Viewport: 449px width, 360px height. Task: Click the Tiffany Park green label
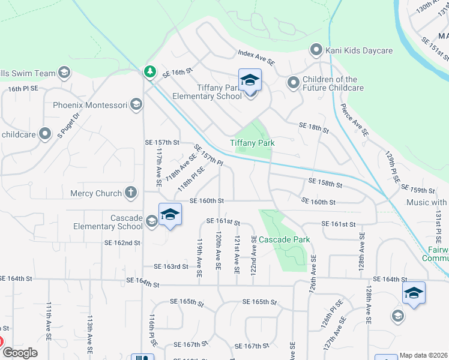[x=252, y=143]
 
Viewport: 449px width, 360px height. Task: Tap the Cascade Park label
[x=284, y=239]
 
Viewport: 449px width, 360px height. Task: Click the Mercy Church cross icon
[x=131, y=193]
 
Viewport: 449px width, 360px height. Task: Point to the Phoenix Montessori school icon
[x=136, y=105]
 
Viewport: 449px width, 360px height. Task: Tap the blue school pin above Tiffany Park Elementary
[x=250, y=80]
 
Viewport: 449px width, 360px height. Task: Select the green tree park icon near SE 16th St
[x=149, y=72]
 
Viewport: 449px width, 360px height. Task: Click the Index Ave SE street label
[x=256, y=58]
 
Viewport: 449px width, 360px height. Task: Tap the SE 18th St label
[x=314, y=127]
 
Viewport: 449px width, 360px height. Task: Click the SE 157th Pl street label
[x=208, y=155]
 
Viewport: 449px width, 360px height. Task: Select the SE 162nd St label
[x=122, y=243]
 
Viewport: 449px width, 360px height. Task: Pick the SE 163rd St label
[x=171, y=266]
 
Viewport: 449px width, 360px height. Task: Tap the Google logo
[x=20, y=353]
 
